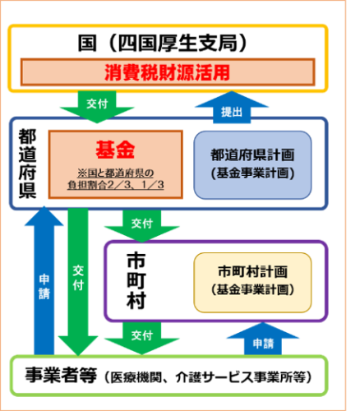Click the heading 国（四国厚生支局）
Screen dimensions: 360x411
163,43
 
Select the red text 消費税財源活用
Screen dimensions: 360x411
167,72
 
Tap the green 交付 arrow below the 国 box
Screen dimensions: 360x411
97,107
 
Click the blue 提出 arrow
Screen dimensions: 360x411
232,107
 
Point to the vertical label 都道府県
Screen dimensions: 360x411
27,164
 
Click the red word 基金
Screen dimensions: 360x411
115,150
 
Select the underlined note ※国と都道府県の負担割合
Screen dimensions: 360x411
116,179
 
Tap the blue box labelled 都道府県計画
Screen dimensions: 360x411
252,165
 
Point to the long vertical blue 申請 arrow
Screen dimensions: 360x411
44,280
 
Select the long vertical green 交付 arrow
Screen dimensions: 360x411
78,282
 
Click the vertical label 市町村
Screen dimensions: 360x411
136,281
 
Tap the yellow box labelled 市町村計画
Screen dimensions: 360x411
252,282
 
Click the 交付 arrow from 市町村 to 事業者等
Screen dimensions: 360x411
142,338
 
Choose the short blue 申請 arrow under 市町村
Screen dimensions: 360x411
263,339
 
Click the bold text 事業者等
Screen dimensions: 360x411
61,375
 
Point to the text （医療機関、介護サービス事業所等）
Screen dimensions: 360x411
208,377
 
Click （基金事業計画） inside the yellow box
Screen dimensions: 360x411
252,289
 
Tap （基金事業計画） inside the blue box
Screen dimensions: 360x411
252,173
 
